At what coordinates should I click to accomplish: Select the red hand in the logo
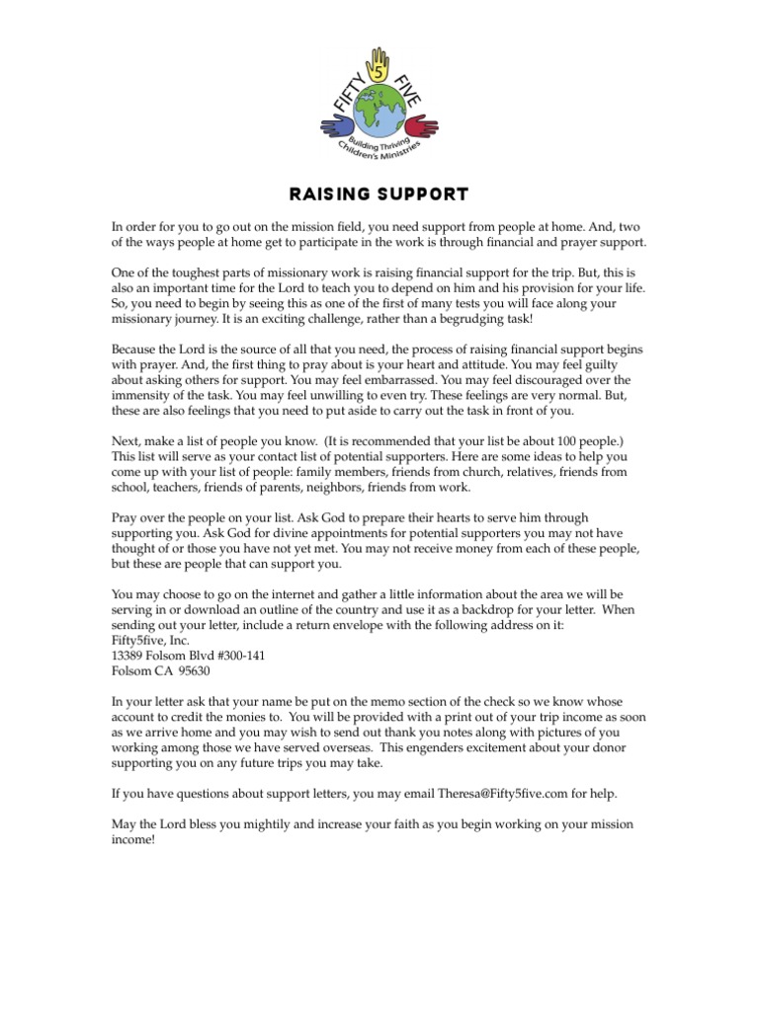pyautogui.click(x=422, y=125)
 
